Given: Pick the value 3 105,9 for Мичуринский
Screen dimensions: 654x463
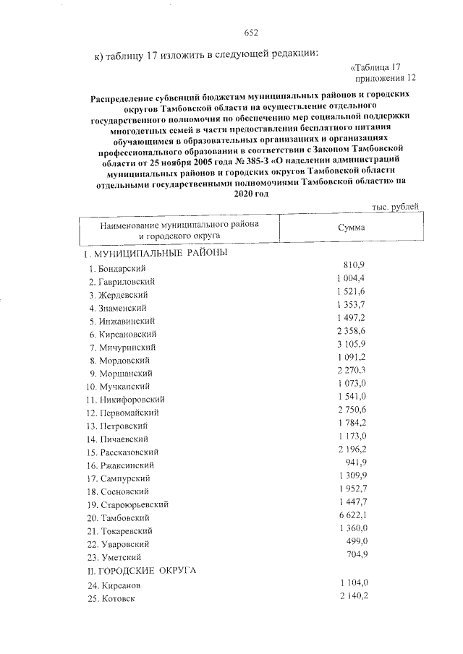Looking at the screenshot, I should coord(352,345).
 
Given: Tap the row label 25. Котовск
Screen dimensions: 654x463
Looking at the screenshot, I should coord(110,599).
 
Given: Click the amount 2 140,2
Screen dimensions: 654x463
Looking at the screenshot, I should coord(352,595).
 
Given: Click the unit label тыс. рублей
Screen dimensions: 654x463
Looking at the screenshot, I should coord(394,207).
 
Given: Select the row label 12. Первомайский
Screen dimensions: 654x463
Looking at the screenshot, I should coord(123,412).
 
